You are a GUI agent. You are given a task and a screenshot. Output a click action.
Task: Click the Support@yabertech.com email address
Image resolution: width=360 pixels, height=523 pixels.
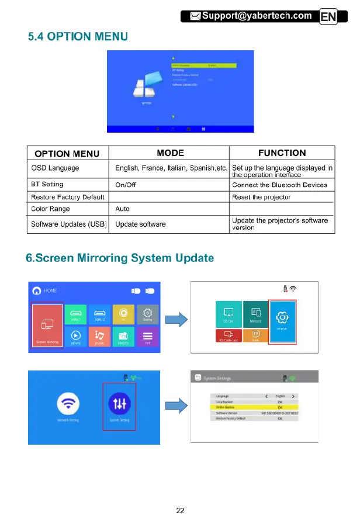coord(257,15)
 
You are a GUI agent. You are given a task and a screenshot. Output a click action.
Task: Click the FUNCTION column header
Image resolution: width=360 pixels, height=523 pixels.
coord(282,153)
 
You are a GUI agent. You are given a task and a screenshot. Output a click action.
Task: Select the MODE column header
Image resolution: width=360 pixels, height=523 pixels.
coord(171,153)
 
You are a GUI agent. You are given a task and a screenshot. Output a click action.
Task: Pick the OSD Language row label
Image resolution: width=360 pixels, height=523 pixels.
coord(56,168)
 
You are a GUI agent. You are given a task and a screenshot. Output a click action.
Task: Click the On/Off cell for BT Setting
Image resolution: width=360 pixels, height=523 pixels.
coord(126,185)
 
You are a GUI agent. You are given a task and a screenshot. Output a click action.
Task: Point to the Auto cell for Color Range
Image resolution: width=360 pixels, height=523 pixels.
coord(123,209)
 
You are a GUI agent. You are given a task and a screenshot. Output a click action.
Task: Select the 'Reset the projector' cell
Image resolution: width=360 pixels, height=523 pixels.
coord(261,197)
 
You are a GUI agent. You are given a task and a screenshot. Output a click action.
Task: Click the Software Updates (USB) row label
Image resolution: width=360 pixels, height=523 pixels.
coord(68,224)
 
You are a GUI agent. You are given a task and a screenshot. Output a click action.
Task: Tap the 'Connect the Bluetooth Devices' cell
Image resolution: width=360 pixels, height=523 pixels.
coord(280,185)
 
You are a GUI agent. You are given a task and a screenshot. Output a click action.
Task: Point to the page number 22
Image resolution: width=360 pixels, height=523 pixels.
coord(180,510)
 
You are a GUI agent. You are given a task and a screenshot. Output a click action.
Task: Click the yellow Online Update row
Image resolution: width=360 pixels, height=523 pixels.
coord(254,407)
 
